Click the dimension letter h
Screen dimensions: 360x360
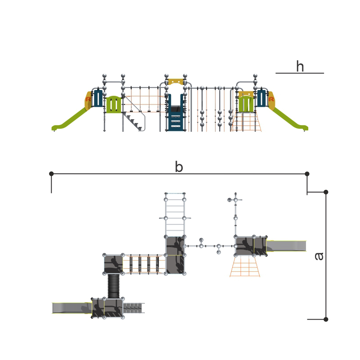point(300,66)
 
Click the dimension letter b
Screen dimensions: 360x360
point(179,166)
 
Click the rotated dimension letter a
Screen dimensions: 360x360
point(319,256)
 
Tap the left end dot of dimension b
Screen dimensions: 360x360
point(51,174)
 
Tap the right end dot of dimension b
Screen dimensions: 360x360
point(307,174)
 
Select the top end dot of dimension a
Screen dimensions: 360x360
point(326,192)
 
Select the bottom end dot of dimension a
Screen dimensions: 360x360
point(326,319)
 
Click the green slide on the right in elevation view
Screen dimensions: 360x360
point(290,120)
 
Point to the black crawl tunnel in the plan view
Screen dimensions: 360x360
point(114,286)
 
